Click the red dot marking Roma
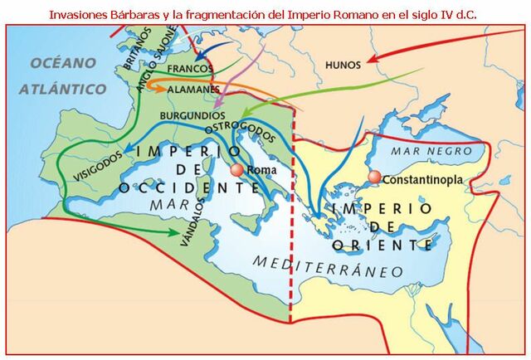pyautogui.click(x=237, y=169)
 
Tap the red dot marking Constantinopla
pyautogui.click(x=374, y=178)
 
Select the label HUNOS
pyautogui.click(x=343, y=64)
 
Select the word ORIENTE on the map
pyautogui.click(x=382, y=245)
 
